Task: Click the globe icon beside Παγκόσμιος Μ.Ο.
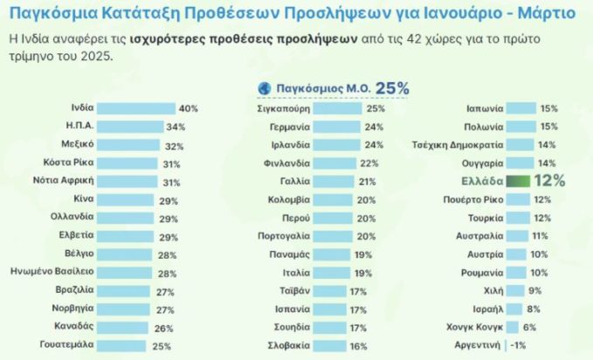pyautogui.click(x=264, y=88)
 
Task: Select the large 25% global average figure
pyautogui.click(x=392, y=88)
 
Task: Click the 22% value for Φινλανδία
pyautogui.click(x=370, y=163)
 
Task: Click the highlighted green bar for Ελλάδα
pyautogui.click(x=518, y=181)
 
